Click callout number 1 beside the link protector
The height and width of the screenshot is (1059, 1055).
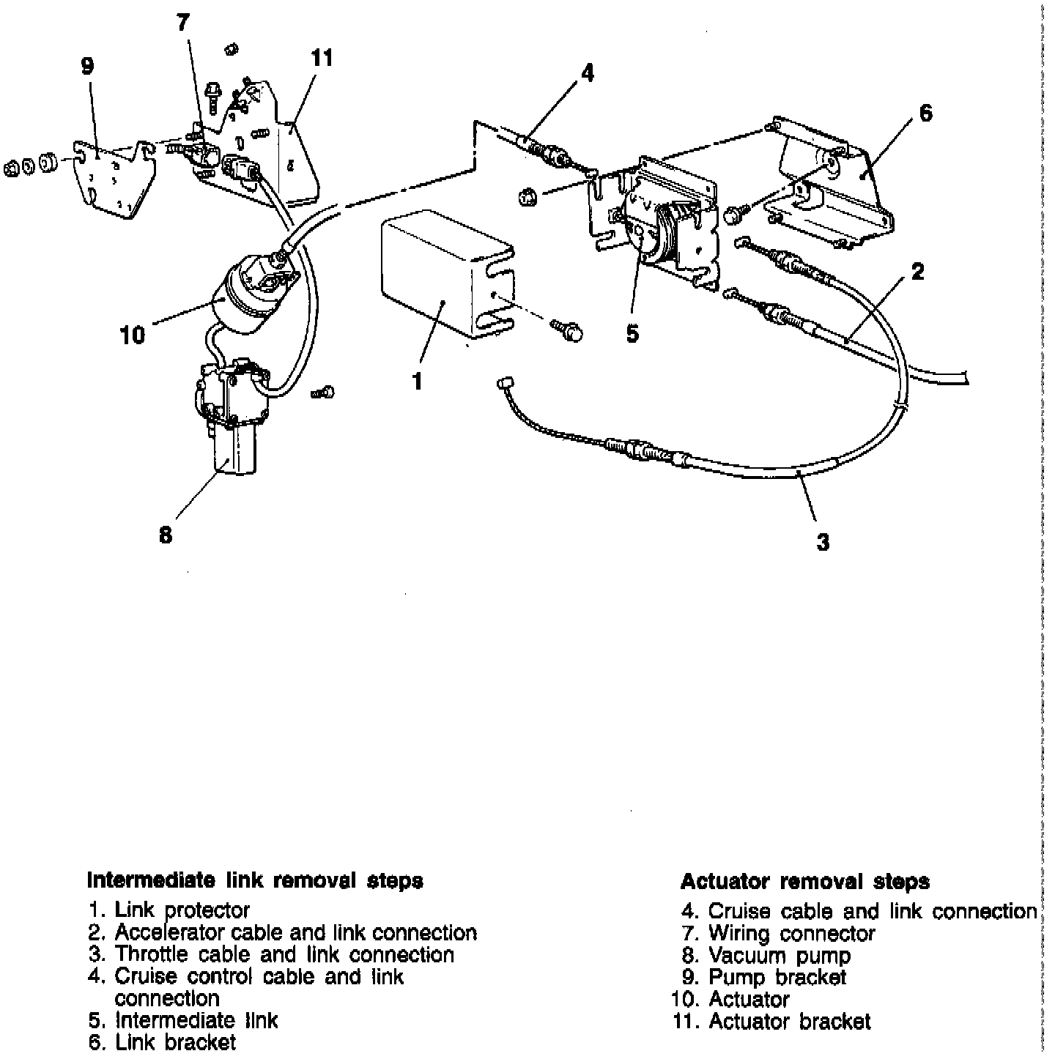coord(417,381)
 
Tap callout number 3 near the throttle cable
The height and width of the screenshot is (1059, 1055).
coord(823,542)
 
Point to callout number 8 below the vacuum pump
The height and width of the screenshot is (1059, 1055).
coord(166,535)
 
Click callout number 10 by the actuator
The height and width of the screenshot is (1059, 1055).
coord(133,335)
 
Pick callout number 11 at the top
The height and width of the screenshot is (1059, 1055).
coord(322,59)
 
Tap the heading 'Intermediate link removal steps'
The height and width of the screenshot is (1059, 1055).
coord(255,880)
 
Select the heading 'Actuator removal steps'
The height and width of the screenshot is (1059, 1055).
coord(805,881)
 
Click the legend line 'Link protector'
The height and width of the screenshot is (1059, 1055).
coord(182,910)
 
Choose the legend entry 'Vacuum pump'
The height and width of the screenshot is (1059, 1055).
coord(780,956)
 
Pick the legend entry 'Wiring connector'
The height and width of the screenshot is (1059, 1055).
coord(791,934)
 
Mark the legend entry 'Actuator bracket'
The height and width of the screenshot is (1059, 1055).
coord(790,1021)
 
